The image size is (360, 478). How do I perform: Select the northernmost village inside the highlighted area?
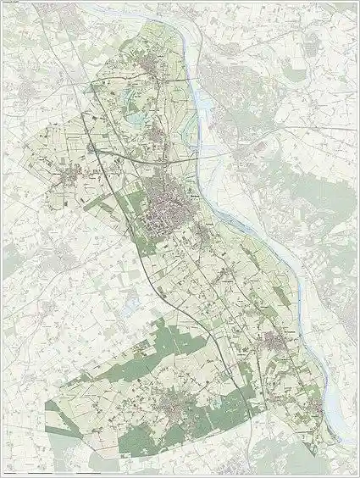click(152, 67)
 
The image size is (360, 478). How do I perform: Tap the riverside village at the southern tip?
click(317, 414)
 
